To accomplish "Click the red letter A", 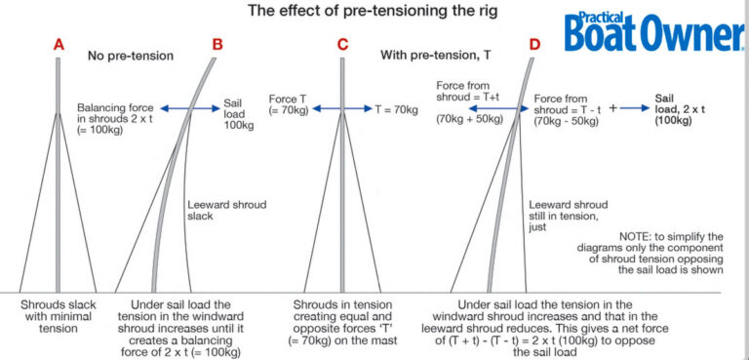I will [x=59, y=45].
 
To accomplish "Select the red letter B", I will [x=217, y=45].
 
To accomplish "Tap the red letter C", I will [x=342, y=45].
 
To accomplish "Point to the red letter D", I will [x=534, y=45].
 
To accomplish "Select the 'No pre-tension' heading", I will [x=131, y=57].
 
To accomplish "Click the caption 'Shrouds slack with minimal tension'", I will [x=59, y=317].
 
